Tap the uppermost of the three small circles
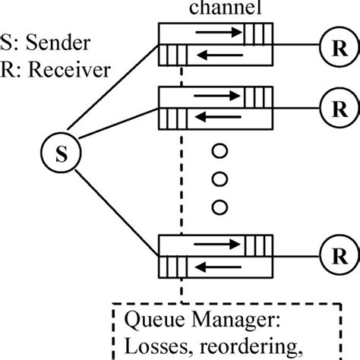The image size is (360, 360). (220, 151)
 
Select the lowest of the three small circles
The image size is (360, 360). (220, 205)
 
